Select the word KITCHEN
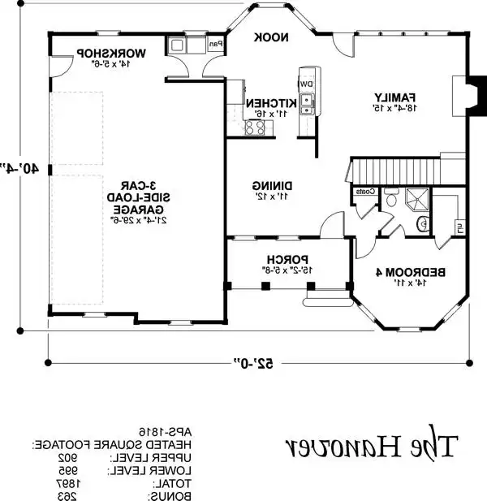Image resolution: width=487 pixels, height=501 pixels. coord(269,104)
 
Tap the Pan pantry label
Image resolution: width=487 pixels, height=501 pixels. coord(216,45)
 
